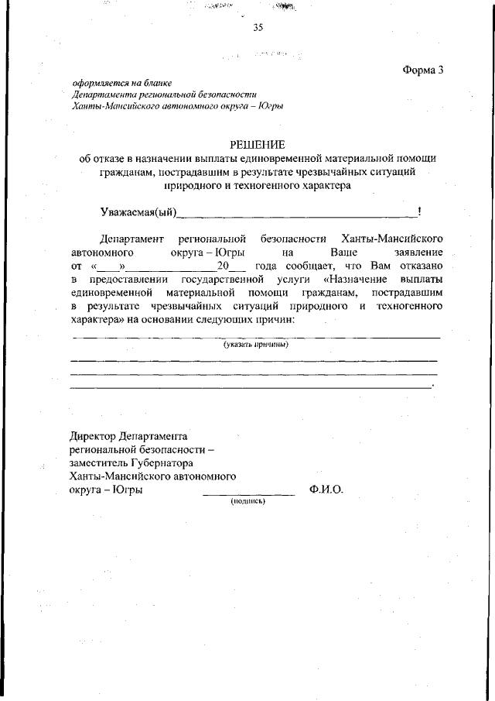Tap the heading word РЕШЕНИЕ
point(258,145)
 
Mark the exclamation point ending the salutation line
point(418,211)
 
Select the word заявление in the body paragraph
point(418,253)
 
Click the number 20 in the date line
point(224,266)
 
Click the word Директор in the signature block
point(94,437)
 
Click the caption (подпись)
point(248,501)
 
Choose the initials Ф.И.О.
point(326,490)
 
